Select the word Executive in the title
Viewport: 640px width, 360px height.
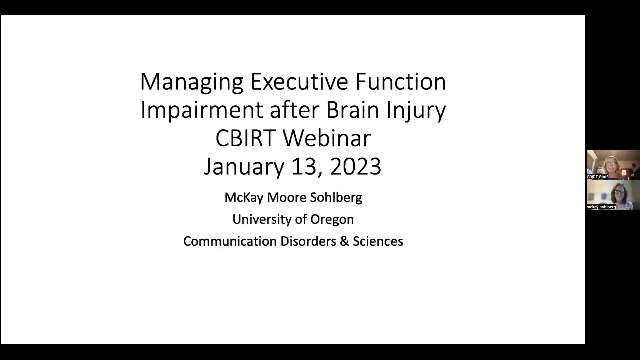point(299,81)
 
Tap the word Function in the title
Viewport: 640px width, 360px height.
point(400,81)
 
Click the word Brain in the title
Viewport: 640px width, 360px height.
point(352,110)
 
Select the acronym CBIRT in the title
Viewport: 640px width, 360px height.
point(245,138)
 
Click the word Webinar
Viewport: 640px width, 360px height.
point(327,138)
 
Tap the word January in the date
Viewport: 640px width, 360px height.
point(244,167)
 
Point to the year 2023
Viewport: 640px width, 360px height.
point(355,167)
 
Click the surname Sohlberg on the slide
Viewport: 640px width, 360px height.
point(336,197)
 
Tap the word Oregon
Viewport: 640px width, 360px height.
point(332,219)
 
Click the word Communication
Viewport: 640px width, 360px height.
point(230,241)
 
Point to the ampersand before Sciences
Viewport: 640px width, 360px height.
point(344,241)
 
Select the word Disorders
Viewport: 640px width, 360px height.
point(308,241)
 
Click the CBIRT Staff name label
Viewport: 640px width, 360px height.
point(597,177)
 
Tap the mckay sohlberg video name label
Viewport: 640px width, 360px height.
point(601,207)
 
